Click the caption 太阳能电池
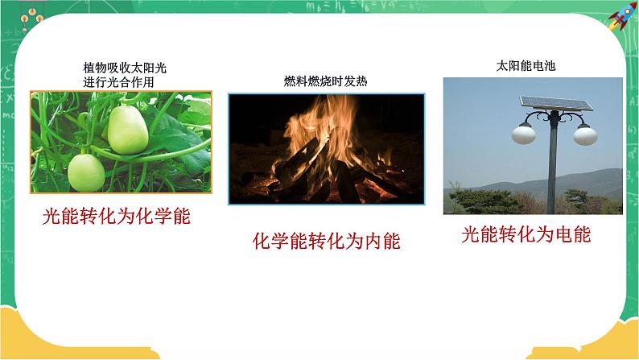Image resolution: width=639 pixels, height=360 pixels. pos(526,66)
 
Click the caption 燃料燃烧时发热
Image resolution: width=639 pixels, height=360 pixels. pos(326,81)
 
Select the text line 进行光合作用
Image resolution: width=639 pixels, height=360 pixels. pos(117,81)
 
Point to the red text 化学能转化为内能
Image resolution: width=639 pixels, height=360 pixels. pos(326,241)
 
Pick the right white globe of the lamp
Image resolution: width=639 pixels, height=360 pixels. pos(585,134)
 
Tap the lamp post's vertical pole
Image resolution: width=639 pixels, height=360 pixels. pos(554,169)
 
